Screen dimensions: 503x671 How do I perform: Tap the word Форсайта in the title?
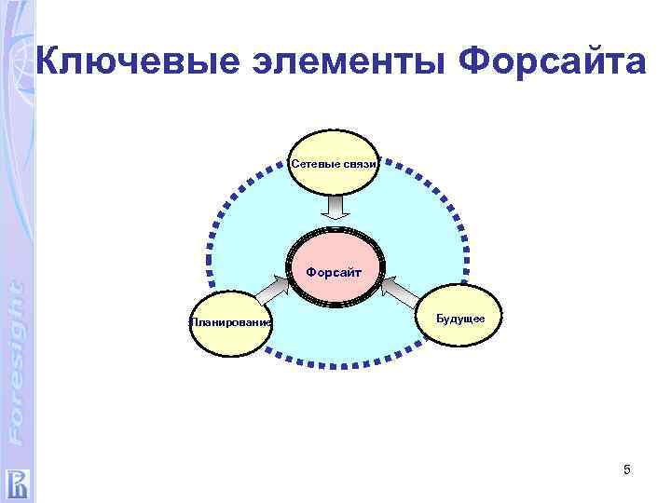click(x=553, y=63)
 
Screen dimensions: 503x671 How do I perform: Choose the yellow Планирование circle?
click(x=230, y=322)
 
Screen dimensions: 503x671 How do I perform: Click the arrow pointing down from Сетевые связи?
click(x=335, y=209)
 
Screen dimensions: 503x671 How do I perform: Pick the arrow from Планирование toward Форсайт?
click(x=279, y=290)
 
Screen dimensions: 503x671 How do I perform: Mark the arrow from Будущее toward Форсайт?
click(x=399, y=288)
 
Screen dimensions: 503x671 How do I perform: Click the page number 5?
click(x=627, y=470)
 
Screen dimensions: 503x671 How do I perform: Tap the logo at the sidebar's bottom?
click(x=17, y=483)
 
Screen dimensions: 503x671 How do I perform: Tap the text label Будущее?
click(x=459, y=319)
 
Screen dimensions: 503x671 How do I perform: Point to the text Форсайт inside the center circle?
click(x=335, y=272)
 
